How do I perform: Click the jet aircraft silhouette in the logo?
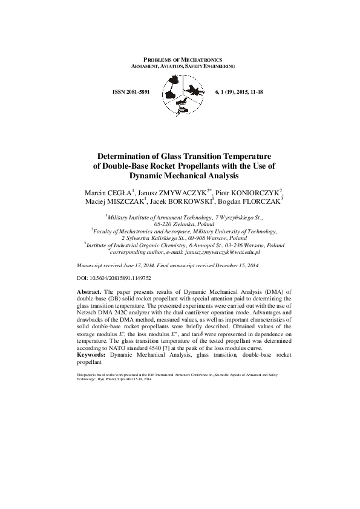[x=194, y=91]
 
